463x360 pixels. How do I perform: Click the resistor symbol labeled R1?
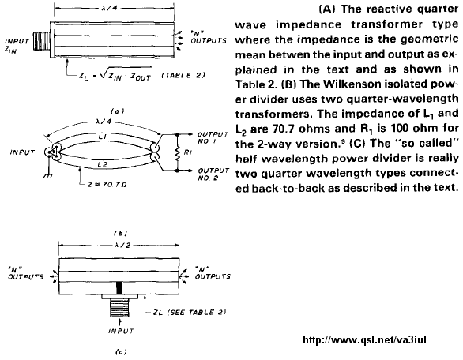pyautogui.click(x=178, y=152)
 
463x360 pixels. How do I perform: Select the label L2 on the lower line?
pyautogui.click(x=102, y=164)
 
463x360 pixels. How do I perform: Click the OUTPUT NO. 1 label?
pyautogui.click(x=213, y=138)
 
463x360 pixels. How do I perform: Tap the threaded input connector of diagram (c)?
pyautogui.click(x=119, y=308)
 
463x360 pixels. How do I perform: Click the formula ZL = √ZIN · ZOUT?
pyautogui.click(x=115, y=76)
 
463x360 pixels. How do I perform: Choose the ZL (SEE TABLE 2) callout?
pyautogui.click(x=190, y=312)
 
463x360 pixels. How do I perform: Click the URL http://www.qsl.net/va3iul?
pyautogui.click(x=365, y=340)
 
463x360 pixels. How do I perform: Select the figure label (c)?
pyautogui.click(x=121, y=351)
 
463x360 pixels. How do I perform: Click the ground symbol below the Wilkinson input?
pyautogui.click(x=48, y=176)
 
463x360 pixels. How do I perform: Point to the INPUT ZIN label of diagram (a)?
pyautogui.click(x=17, y=45)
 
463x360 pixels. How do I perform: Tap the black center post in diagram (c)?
pyautogui.click(x=119, y=288)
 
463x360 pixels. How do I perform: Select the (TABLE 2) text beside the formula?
pyautogui.click(x=183, y=75)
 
